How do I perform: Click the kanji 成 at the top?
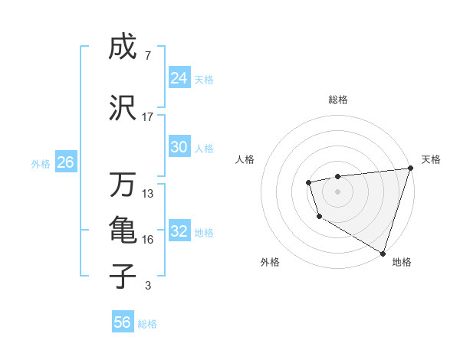point(123,47)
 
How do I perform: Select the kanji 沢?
point(123,109)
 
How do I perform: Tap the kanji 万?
point(123,185)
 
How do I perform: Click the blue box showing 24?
point(179,78)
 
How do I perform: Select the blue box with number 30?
point(179,147)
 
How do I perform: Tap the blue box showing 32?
point(179,231)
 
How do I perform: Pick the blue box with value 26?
point(65,162)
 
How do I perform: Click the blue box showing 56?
point(123,322)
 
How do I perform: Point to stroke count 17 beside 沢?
point(148,117)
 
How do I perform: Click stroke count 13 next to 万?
point(148,194)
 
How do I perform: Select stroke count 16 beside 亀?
point(148,240)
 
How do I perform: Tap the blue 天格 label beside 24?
point(204,79)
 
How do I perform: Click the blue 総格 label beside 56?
point(148,324)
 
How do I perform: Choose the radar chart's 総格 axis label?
point(338,100)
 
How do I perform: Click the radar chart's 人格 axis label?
point(245,159)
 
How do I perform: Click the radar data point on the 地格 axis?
point(383,252)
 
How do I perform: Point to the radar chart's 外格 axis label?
point(270,262)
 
